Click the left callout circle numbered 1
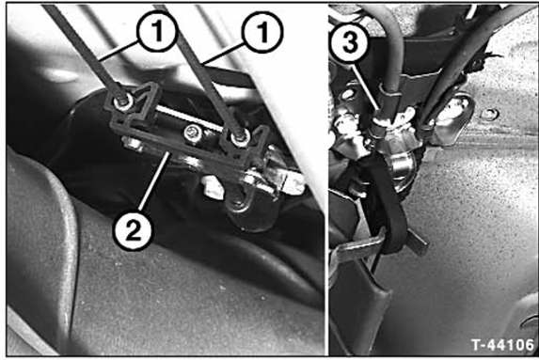pos(157,31)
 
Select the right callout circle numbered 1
pos(262,32)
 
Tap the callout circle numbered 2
pos(133,229)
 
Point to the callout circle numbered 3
pos(350,42)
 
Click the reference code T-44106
pos(502,345)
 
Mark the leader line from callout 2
pos(155,180)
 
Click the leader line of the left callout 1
pos(119,51)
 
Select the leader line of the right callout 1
pos(223,55)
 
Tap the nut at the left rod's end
pos(122,102)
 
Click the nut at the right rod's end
pos(240,138)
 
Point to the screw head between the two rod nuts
pos(192,133)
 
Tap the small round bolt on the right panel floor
pos(490,114)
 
